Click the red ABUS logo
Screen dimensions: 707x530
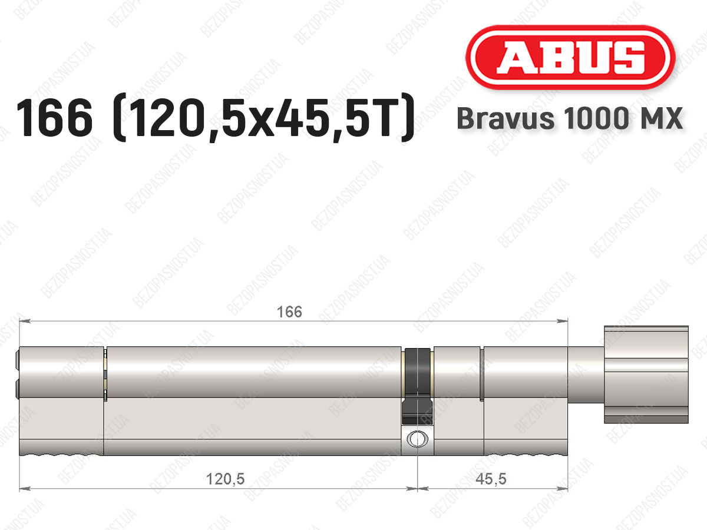coord(570,57)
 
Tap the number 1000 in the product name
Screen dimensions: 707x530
coord(596,118)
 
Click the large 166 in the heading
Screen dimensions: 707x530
coord(54,117)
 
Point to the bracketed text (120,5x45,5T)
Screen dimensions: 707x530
coord(263,117)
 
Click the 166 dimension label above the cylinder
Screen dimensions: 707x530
coord(289,312)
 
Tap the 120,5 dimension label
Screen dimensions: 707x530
coord(225,479)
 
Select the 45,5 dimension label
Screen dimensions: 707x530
coord(491,479)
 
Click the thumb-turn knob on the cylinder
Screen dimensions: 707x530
coord(646,375)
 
